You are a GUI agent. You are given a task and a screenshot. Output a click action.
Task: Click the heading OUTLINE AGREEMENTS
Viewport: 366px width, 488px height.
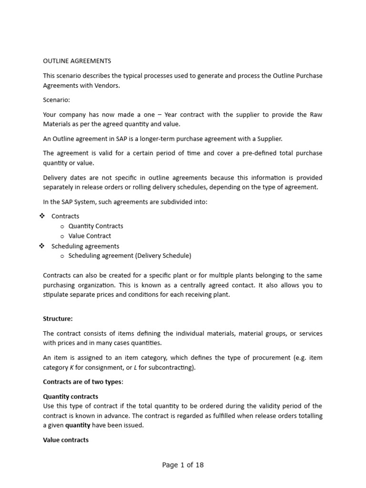[77, 61]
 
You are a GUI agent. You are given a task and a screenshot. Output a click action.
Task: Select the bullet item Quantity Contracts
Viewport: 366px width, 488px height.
[96, 226]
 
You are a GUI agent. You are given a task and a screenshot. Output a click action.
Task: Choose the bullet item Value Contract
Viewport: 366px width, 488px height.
[90, 236]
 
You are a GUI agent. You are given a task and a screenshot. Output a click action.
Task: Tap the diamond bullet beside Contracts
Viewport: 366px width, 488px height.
[41, 216]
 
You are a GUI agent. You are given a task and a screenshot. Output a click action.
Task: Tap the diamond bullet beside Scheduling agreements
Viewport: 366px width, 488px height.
[41, 246]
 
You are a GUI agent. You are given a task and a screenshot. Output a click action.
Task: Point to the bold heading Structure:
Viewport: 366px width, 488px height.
[58, 318]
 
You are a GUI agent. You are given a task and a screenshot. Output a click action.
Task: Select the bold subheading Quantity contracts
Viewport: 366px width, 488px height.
[71, 396]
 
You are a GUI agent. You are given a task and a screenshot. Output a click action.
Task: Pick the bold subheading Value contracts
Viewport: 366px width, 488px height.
[66, 440]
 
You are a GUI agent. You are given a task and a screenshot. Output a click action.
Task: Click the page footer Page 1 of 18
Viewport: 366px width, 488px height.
[183, 465]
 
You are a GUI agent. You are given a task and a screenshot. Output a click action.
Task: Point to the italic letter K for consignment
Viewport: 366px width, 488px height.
[73, 367]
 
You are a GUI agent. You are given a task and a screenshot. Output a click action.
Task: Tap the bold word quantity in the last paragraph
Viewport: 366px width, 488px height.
[78, 425]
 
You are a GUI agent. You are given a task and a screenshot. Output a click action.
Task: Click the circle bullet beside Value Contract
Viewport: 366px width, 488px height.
[62, 236]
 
